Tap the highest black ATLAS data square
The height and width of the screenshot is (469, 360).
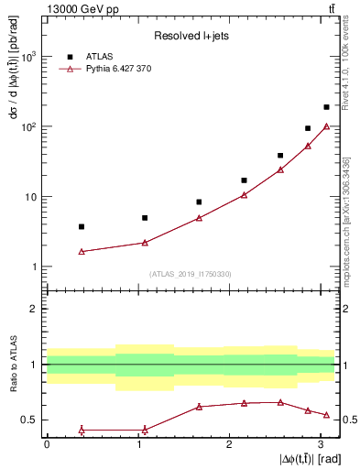(x=326, y=107)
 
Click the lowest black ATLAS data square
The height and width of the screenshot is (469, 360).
(x=82, y=226)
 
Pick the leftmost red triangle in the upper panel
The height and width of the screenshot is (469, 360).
(x=82, y=251)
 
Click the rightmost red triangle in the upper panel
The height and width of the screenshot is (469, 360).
(x=326, y=126)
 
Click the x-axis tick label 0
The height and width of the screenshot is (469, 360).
(x=47, y=444)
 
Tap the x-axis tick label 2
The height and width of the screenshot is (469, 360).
(x=230, y=444)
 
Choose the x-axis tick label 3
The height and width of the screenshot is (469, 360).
(x=322, y=444)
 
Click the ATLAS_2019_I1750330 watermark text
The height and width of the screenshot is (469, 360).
(x=191, y=274)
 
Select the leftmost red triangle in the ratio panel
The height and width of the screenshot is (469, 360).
(x=82, y=430)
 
